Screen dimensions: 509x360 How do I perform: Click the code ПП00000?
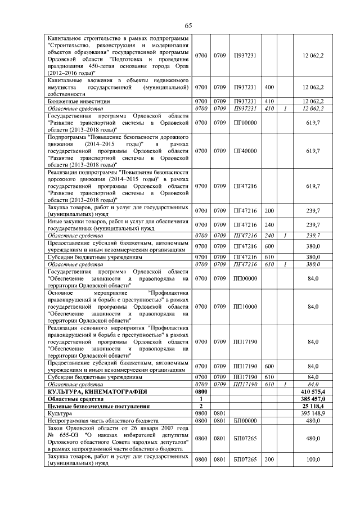(245, 278)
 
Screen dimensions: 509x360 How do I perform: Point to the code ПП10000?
(245, 306)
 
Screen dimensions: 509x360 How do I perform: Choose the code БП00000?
(245, 420)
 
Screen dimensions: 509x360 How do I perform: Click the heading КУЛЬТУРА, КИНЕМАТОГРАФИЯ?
(90, 390)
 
